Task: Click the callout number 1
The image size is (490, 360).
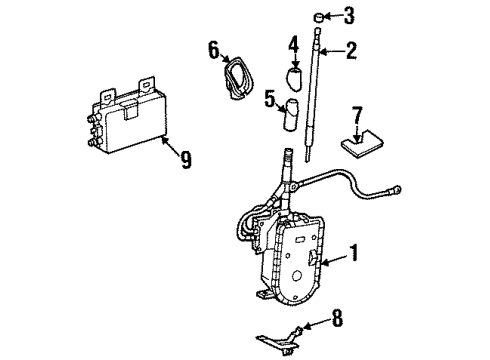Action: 353,252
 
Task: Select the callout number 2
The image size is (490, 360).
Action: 351,51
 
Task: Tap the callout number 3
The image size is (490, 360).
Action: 349,16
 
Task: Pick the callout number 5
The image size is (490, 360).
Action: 269,98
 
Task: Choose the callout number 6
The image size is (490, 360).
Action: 214,49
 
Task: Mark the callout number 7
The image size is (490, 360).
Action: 357,115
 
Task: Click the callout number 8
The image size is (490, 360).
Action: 337,318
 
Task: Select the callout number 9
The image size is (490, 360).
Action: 185,160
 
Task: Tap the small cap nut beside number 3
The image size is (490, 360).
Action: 319,17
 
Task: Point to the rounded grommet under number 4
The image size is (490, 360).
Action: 294,79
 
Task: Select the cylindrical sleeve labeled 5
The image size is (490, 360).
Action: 291,114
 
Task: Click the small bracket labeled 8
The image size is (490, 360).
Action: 278,340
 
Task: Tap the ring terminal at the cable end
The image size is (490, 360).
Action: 396,190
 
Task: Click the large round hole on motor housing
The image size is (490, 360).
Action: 296,276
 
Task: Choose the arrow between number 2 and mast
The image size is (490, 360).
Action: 333,52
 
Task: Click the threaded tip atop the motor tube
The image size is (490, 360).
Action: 288,155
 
